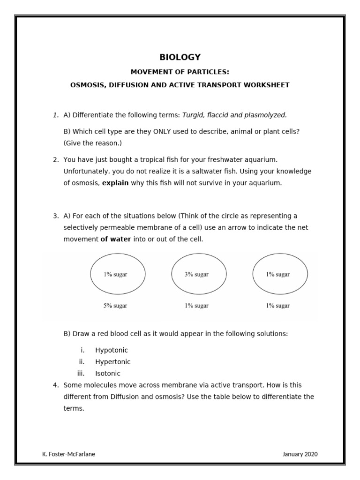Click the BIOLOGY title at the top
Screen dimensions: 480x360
point(180,57)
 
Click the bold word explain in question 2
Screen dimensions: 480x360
point(115,183)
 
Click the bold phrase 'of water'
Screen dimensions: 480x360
point(115,239)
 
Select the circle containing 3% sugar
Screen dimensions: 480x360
point(199,274)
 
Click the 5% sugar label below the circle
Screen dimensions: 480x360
point(115,306)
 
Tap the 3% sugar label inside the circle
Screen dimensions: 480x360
point(196,275)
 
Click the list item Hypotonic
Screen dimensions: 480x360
point(111,350)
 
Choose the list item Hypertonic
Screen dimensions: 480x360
point(112,362)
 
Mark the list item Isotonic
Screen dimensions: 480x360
point(107,374)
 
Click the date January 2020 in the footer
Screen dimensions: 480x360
point(300,454)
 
